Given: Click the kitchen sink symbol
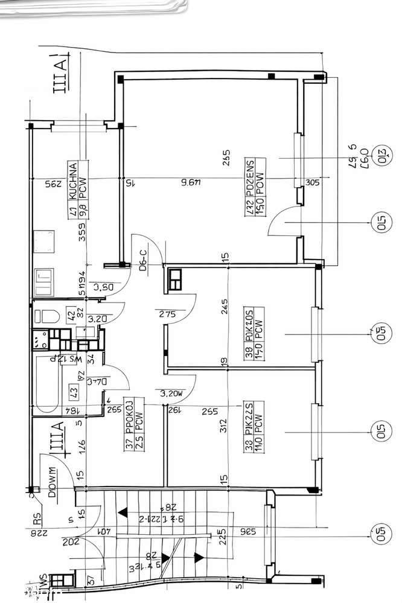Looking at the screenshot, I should pos(44,281).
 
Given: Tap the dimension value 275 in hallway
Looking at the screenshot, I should pos(168,314).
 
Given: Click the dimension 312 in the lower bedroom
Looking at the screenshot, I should pos(225,427).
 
